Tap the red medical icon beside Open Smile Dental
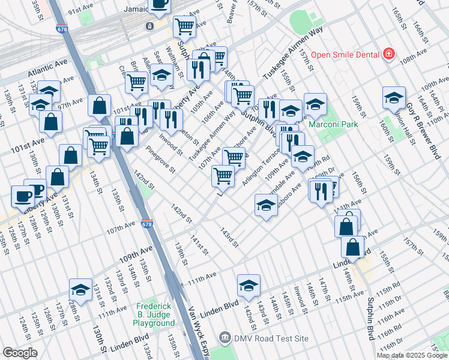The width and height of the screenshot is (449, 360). pyautogui.click(x=389, y=54)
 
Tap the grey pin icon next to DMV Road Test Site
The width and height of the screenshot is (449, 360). pyautogui.click(x=225, y=338)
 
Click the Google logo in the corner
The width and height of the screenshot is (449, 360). pyautogui.click(x=20, y=353)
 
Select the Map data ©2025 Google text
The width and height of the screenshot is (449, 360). pyautogui.click(x=412, y=355)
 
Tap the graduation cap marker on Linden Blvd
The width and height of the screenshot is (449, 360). pyautogui.click(x=248, y=286)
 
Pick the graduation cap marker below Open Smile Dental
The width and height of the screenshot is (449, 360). pyautogui.click(x=393, y=98)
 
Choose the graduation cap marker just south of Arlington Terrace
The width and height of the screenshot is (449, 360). pyautogui.click(x=266, y=206)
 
